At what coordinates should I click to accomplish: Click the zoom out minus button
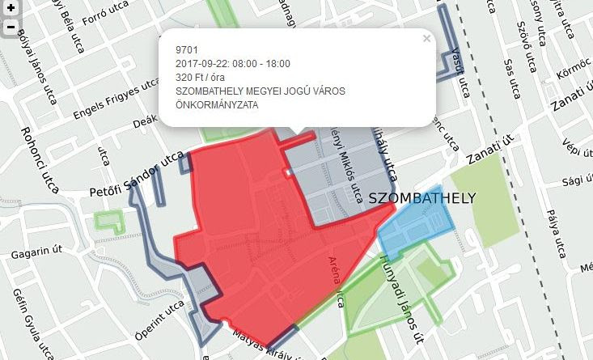[x=11, y=27]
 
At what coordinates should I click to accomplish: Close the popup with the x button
[x=426, y=38]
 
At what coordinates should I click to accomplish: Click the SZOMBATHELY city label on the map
[x=421, y=198]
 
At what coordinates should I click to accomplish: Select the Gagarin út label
[x=36, y=253]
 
